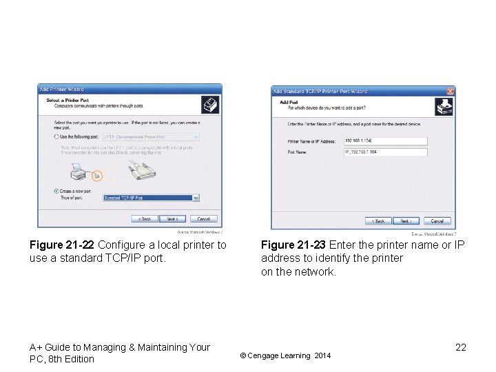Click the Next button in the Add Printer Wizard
tap(172, 219)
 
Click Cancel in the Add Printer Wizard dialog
tap(203, 219)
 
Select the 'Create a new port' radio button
tap(56, 191)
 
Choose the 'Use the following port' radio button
tap(56, 137)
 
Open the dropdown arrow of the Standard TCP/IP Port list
tap(196, 198)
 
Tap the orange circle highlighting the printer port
tap(97, 176)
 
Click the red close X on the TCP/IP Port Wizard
tap(451, 91)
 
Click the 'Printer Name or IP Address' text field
tap(385, 141)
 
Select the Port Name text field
tap(385, 152)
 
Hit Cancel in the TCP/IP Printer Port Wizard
tap(437, 221)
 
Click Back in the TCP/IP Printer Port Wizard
tap(378, 221)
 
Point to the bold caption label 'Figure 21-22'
tap(63, 245)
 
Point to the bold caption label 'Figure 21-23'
tap(294, 245)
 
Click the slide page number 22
tap(460, 347)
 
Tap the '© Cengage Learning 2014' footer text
tap(285, 355)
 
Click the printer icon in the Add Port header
tap(444, 107)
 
